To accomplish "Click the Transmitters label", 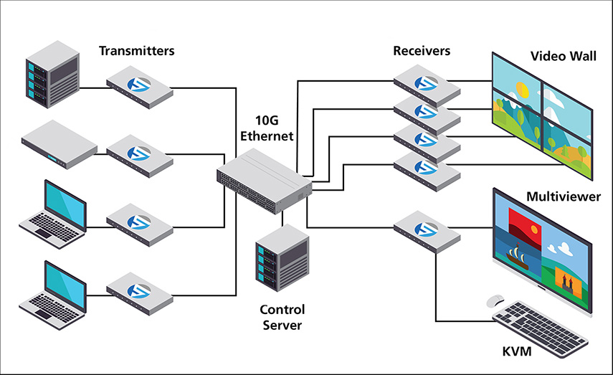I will [x=136, y=51].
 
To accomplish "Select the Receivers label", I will [x=422, y=51].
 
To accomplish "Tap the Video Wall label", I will [x=563, y=56].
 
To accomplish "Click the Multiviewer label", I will [x=564, y=196].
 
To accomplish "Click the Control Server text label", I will [x=282, y=317].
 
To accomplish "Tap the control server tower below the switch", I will [x=282, y=257].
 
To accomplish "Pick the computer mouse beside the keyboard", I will [x=495, y=300].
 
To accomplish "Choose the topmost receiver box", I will [x=427, y=83].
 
